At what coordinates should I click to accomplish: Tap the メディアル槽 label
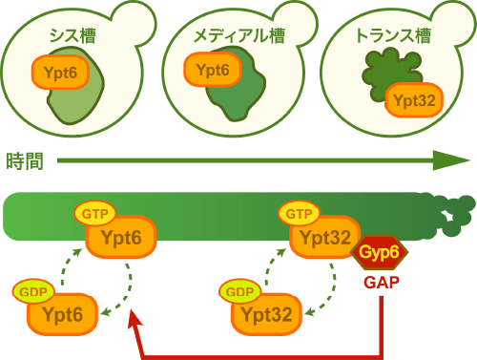pyautogui.click(x=238, y=37)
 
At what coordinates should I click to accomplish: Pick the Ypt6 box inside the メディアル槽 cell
pyautogui.click(x=212, y=70)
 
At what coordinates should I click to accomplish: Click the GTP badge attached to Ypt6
pyautogui.click(x=93, y=213)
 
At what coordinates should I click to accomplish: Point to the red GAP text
pyautogui.click(x=381, y=283)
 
